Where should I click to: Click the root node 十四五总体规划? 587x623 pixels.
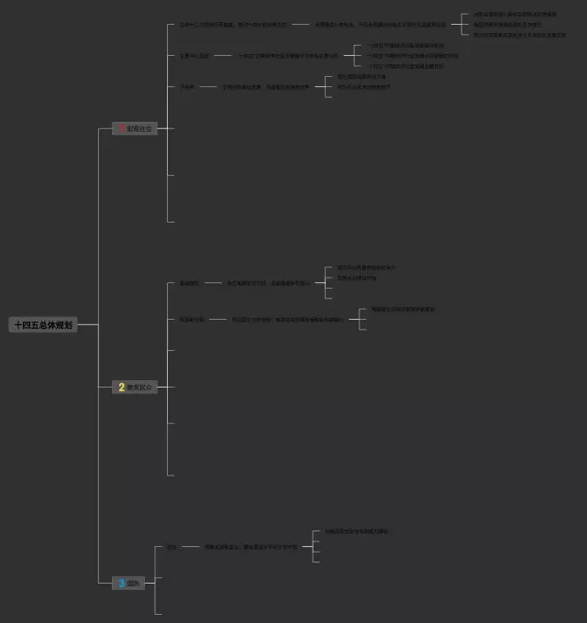[x=42, y=325]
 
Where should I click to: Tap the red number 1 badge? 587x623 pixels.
[x=121, y=128]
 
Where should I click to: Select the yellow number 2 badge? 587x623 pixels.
[x=121, y=388]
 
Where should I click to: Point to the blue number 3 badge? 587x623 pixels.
[x=121, y=583]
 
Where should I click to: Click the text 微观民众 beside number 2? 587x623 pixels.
[x=141, y=388]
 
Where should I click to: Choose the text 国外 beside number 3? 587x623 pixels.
[x=135, y=583]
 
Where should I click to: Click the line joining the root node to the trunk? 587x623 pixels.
[x=87, y=325]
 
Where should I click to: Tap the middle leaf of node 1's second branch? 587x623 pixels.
[x=413, y=55]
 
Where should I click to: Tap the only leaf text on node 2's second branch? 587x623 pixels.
[x=403, y=310]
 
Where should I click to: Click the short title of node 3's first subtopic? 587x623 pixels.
[x=172, y=547]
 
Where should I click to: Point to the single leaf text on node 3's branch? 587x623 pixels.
[x=356, y=531]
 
